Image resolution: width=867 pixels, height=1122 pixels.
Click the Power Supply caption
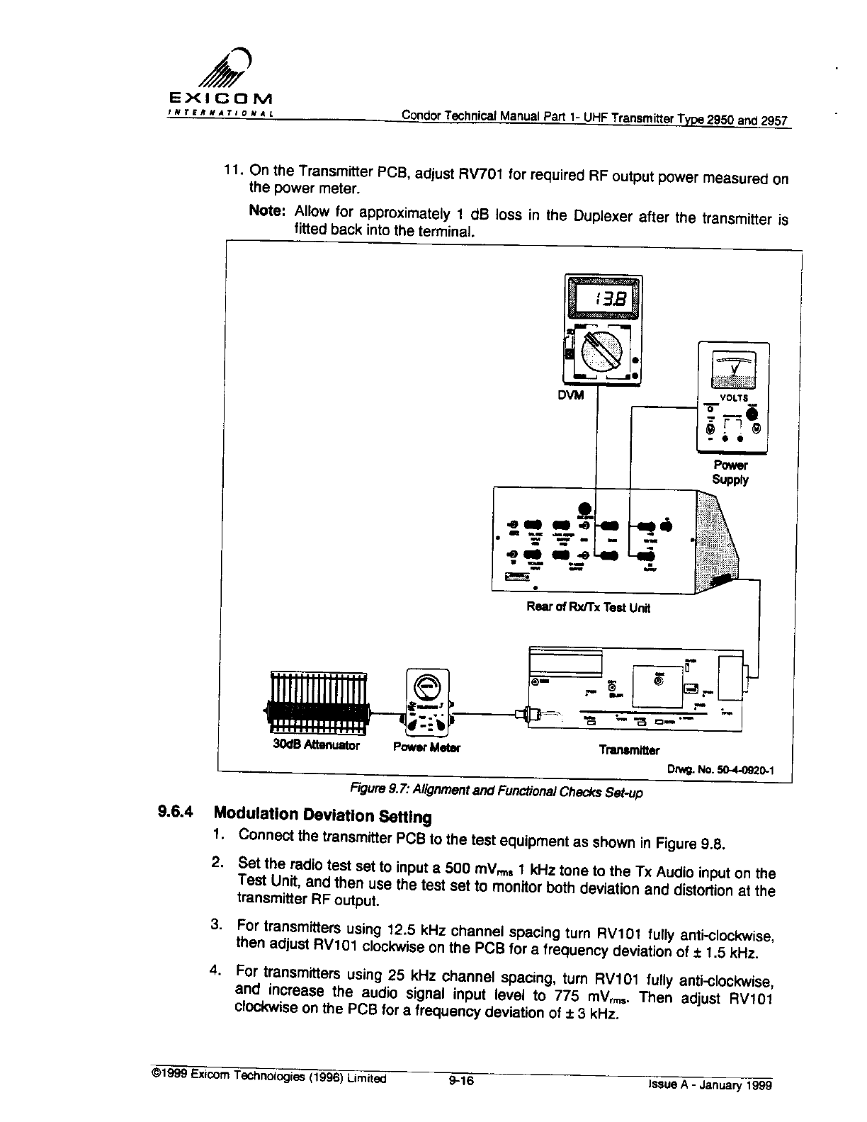730,472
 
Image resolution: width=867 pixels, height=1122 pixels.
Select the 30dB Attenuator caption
316,745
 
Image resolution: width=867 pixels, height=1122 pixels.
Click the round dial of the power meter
427,685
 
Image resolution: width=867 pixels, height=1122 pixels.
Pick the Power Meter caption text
427,747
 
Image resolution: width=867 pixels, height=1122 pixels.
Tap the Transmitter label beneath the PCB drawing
629,749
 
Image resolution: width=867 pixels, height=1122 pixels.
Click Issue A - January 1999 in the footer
709,1084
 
